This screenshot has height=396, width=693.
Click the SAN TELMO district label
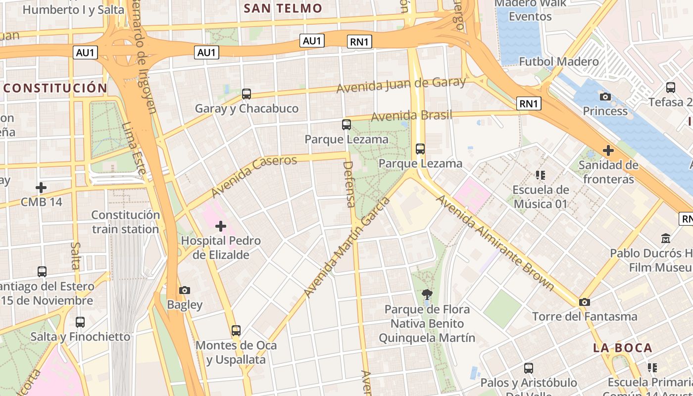coord(283,8)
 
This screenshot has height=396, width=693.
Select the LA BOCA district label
coord(623,348)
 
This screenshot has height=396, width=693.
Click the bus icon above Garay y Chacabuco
coord(247,94)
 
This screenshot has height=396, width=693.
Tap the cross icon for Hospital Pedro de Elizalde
coord(221,227)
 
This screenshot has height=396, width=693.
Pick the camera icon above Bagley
coord(185,290)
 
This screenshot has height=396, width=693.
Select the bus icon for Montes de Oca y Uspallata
coord(236,330)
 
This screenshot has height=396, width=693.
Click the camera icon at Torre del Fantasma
coord(585,302)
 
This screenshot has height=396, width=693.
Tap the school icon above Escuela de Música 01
coord(541,175)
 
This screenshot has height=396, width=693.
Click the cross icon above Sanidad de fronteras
coord(608,150)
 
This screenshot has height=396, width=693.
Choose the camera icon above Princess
coord(605,97)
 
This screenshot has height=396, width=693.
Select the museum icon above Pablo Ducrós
coord(666,239)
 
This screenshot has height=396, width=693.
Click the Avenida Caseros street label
coord(254,176)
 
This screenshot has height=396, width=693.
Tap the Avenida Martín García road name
coord(346,247)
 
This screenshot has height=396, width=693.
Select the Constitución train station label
coord(126,222)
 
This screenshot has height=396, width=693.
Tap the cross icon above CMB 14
coord(41,188)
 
